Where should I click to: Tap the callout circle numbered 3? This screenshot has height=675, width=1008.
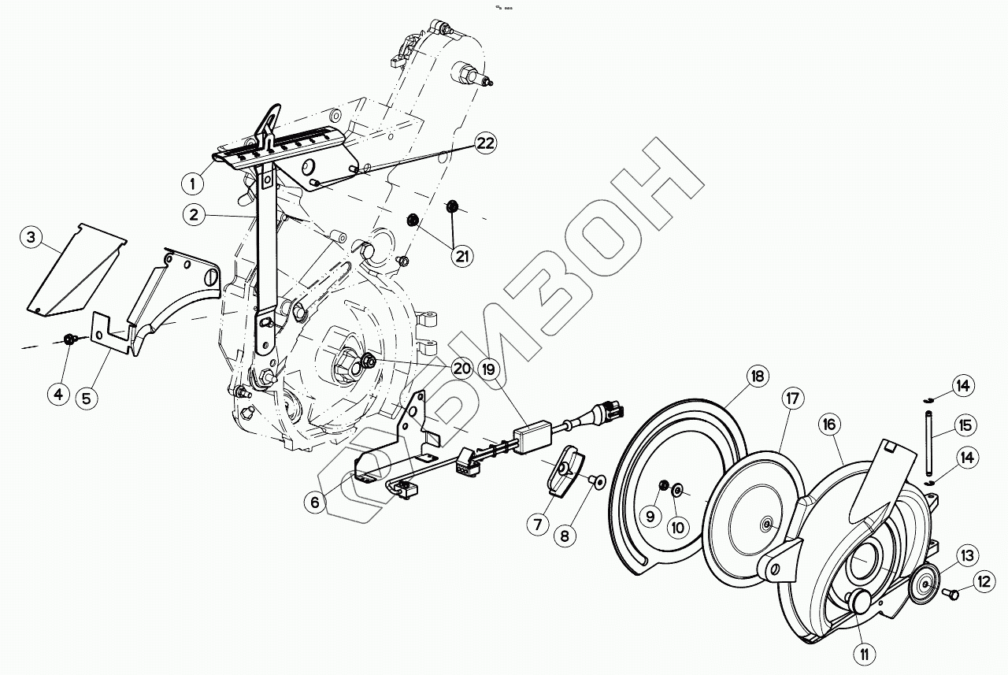click(x=31, y=238)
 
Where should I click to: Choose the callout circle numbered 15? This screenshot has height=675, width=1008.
click(x=965, y=426)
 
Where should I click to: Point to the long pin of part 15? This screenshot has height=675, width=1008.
click(x=929, y=441)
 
